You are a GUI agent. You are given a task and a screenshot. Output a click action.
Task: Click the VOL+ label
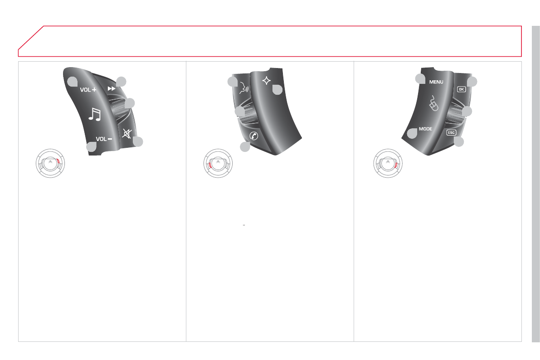tap(88, 90)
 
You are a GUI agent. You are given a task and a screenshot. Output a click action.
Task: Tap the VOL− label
tap(104, 139)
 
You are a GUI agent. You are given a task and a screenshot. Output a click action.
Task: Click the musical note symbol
tap(94, 114)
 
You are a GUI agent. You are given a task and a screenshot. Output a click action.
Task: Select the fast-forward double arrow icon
tap(112, 88)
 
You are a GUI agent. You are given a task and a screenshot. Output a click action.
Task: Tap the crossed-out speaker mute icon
tap(127, 134)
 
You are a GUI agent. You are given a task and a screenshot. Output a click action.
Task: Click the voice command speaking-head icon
tap(244, 88)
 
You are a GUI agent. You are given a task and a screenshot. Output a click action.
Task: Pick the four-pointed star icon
tap(266, 81)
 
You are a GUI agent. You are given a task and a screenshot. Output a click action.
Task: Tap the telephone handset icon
tap(254, 136)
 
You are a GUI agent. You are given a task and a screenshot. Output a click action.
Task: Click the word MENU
tap(436, 82)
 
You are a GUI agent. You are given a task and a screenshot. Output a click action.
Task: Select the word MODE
tap(425, 129)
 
